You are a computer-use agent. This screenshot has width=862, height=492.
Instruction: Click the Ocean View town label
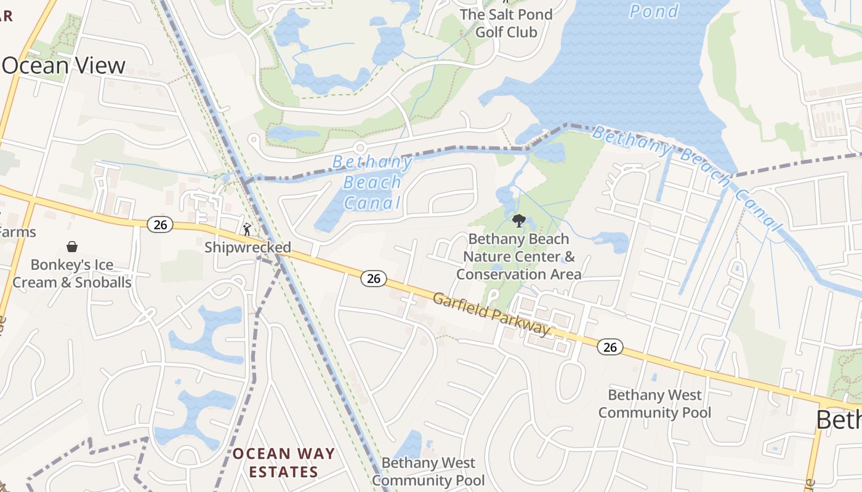(63, 66)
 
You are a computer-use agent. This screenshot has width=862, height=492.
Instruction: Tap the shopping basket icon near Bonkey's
(72, 247)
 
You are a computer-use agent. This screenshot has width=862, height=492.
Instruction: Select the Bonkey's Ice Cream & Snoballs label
(72, 274)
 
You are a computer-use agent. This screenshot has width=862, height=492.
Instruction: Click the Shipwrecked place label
(248, 247)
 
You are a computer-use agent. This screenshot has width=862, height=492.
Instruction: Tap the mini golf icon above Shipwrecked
(247, 229)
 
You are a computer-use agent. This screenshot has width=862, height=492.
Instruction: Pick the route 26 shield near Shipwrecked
(160, 225)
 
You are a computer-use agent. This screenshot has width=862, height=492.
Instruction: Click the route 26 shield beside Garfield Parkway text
(373, 279)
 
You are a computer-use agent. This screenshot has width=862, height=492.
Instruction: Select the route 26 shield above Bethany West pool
(610, 347)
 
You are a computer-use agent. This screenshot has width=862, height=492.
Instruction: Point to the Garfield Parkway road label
(491, 314)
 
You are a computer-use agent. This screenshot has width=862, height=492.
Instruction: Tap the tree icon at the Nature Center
(518, 220)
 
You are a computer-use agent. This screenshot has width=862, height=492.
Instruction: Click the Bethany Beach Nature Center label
(518, 256)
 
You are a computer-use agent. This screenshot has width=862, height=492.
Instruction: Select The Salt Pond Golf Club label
(506, 23)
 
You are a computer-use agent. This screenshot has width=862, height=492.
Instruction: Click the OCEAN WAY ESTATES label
(284, 463)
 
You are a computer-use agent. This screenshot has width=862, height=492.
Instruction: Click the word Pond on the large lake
(654, 11)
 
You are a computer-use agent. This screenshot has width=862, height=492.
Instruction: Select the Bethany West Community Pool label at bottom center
(428, 471)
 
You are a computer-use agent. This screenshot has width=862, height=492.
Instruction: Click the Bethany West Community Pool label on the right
(655, 403)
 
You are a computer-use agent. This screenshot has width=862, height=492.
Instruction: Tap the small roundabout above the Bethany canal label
(360, 148)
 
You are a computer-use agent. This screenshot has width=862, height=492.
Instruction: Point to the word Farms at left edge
(17, 232)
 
